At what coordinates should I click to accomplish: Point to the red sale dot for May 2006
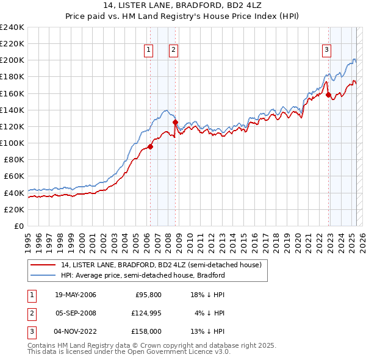pyautogui.click(x=150, y=146)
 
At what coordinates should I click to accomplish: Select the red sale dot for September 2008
pyautogui.click(x=175, y=122)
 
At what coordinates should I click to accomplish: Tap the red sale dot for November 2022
pyautogui.click(x=328, y=95)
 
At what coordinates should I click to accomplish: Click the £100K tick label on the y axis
pyautogui.click(x=12, y=143)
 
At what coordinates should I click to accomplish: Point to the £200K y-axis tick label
pyautogui.click(x=12, y=60)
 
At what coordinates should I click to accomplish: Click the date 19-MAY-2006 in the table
pyautogui.click(x=76, y=295)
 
